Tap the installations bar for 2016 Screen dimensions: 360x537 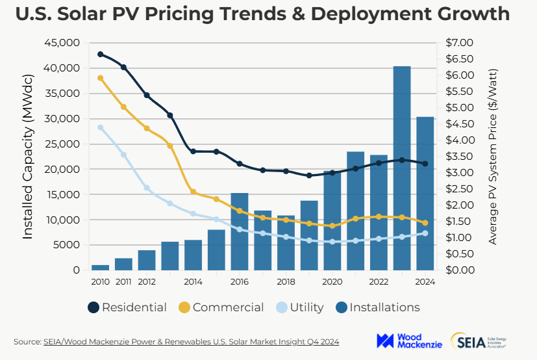pyautogui.click(x=240, y=231)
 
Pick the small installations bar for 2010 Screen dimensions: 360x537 pyautogui.click(x=100, y=267)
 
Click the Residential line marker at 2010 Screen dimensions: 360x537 pyautogui.click(x=101, y=54)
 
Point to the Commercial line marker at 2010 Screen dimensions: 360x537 pyautogui.click(x=101, y=78)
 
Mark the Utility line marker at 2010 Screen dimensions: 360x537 pyautogui.click(x=101, y=127)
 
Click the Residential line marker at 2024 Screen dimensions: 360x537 pyautogui.click(x=425, y=164)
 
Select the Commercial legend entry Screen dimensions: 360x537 pyautogui.click(x=221, y=307)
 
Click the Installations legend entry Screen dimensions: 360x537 pyautogui.click(x=377, y=307)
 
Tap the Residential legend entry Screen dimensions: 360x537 pyautogui.click(x=127, y=307)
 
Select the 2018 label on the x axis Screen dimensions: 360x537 pyautogui.click(x=286, y=282)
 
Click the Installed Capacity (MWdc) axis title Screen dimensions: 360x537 pyautogui.click(x=28, y=157)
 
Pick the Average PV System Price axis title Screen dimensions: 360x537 pyautogui.click(x=493, y=157)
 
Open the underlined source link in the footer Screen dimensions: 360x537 pyautogui.click(x=191, y=341)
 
